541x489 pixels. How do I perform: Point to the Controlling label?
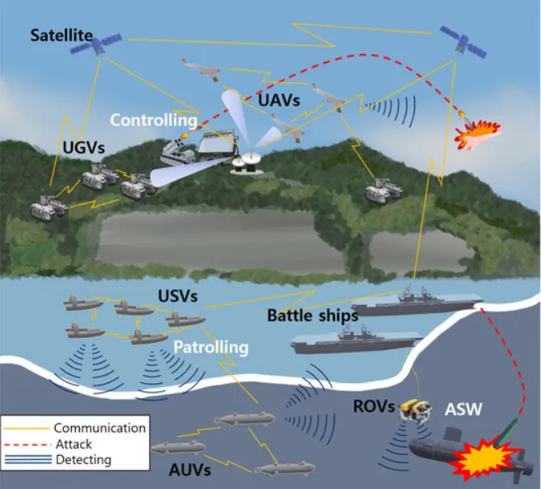tap(154, 120)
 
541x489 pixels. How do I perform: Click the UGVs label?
tap(83, 150)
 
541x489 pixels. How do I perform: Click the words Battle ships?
tap(313, 316)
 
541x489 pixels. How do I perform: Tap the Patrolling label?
tap(210, 348)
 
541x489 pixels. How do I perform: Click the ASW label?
tap(464, 409)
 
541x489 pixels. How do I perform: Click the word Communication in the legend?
tap(99, 428)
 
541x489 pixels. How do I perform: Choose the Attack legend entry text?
tap(74, 444)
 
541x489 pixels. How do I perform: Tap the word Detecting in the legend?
tap(83, 460)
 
